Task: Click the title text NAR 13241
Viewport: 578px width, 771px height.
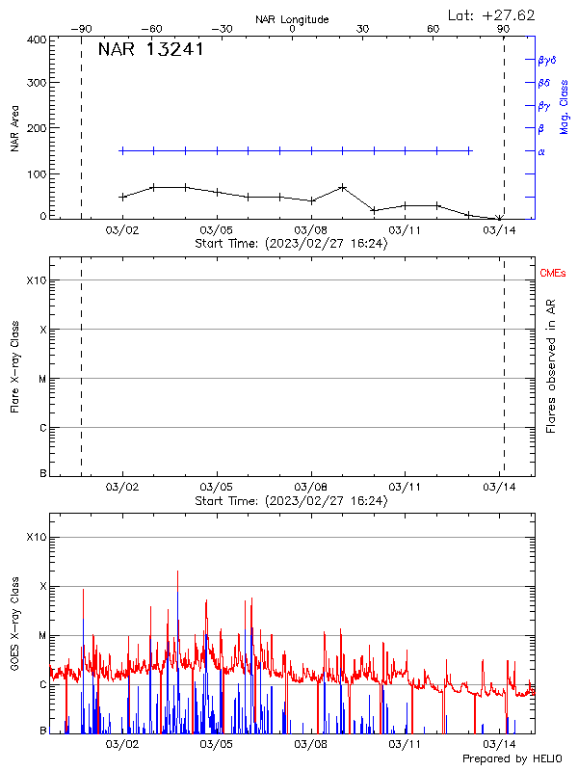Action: click(150, 50)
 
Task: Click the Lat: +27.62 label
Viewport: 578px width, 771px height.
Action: click(492, 14)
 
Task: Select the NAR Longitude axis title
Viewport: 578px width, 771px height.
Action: click(292, 18)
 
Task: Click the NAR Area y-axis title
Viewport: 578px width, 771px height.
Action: click(15, 129)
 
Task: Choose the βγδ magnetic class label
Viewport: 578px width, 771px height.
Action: click(546, 60)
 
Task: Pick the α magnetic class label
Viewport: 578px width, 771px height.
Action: click(540, 151)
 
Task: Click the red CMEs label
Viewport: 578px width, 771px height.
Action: click(552, 275)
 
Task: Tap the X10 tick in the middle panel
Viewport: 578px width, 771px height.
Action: click(37, 280)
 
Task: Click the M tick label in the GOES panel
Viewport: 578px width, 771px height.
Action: click(41, 636)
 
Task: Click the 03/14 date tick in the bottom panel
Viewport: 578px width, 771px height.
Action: click(499, 745)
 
